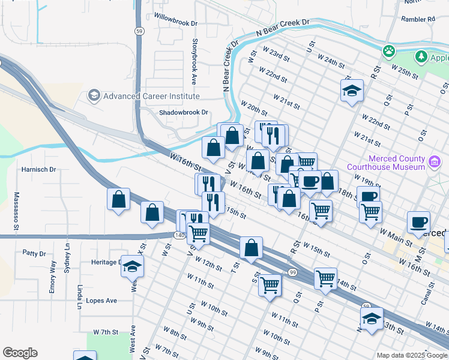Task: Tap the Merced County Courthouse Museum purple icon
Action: pos(435,161)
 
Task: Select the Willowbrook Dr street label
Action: pos(175,20)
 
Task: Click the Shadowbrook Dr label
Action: pos(183,112)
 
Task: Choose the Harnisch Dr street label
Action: pos(38,170)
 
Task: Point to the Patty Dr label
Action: pos(34,254)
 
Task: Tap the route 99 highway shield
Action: pos(293,272)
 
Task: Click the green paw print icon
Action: pos(389,51)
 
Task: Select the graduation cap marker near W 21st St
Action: pos(352,91)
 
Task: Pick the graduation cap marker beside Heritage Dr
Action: pos(131,266)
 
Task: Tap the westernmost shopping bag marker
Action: pos(119,199)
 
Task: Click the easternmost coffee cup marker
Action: pos(418,222)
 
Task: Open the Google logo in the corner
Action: pos(20,353)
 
